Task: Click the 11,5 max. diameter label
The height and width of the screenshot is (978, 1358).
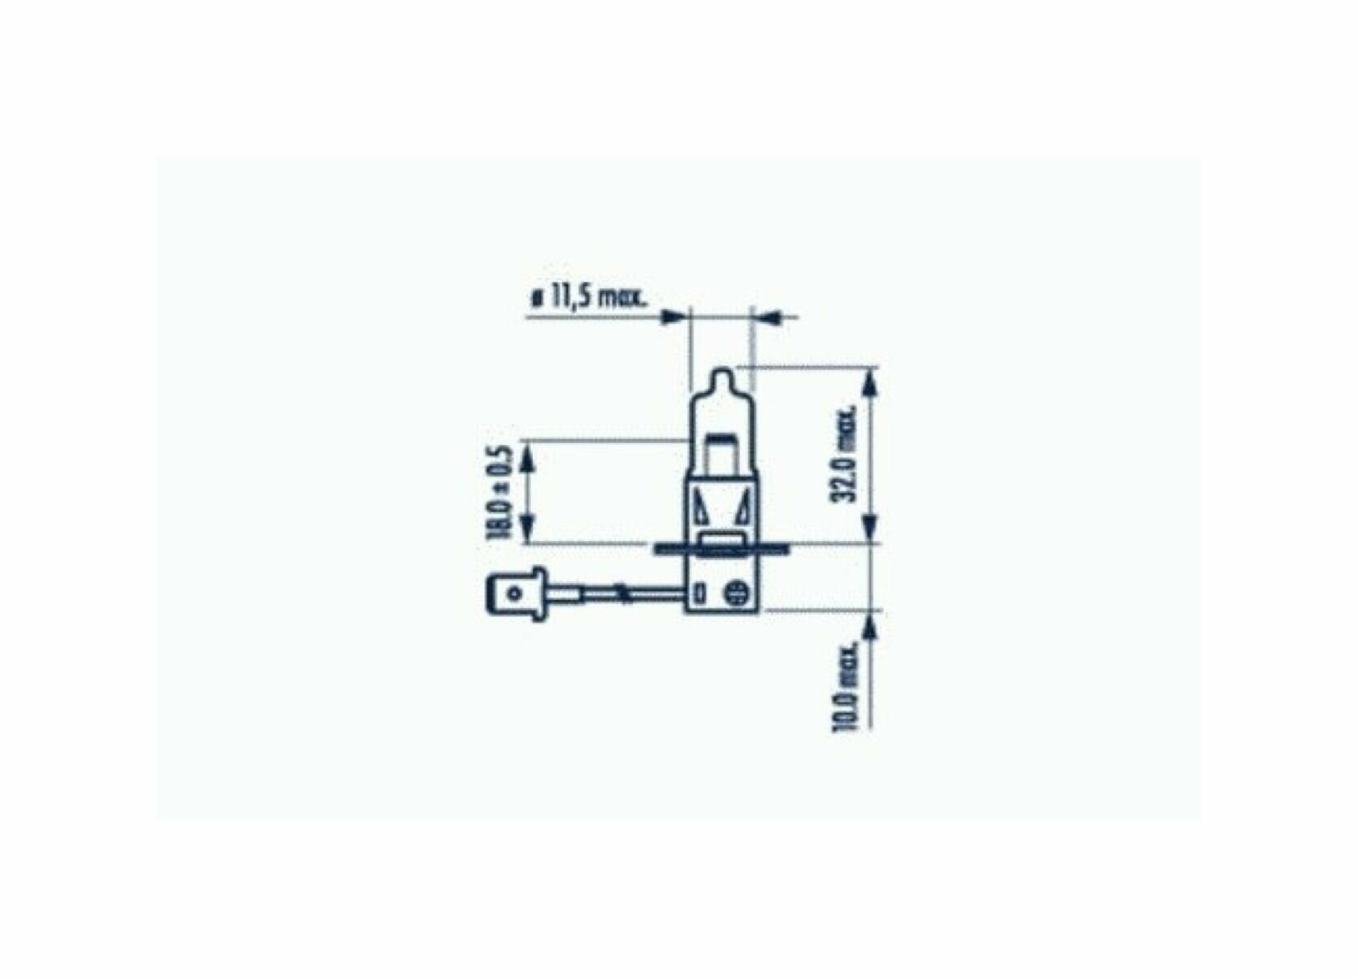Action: point(589,298)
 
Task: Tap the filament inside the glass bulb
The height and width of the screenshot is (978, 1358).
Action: point(722,438)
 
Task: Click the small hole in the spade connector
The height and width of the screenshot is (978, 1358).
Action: point(514,593)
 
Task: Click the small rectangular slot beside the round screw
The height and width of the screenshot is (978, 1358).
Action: point(701,593)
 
